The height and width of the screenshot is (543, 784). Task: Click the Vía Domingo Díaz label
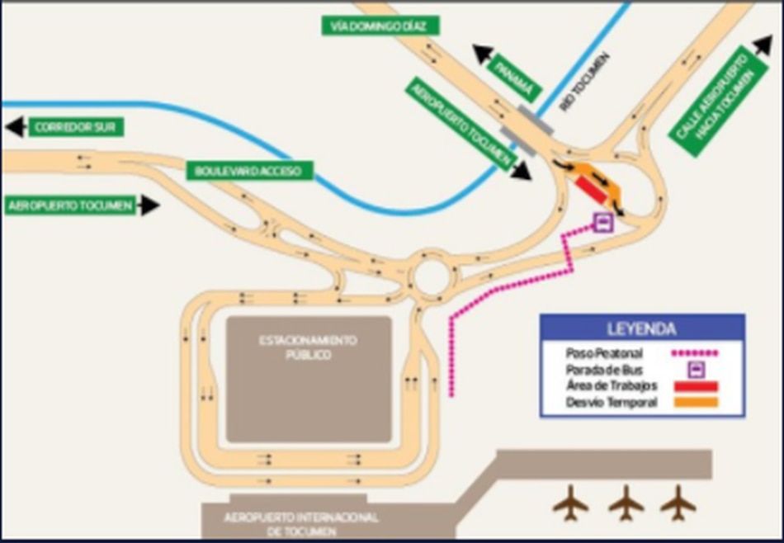[379, 26]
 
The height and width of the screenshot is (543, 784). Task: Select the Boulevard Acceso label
[243, 172]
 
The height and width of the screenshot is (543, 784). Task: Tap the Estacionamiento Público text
[309, 347]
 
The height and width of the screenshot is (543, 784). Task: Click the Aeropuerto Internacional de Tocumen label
[301, 523]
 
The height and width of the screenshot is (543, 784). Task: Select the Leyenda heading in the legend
[642, 328]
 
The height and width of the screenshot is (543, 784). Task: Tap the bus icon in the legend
[695, 369]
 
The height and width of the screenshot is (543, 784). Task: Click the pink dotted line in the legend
[695, 353]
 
